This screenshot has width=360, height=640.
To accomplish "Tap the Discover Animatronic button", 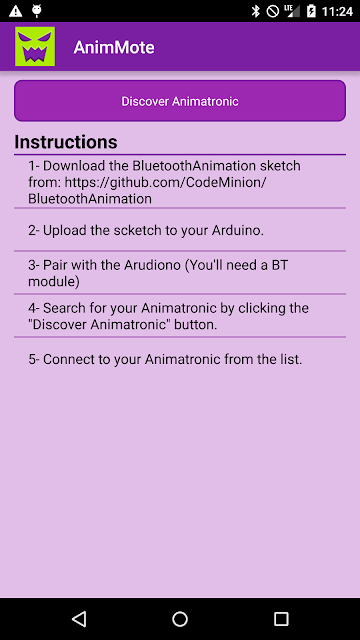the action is pyautogui.click(x=180, y=101).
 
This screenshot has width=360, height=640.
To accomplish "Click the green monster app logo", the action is pyautogui.click(x=35, y=47).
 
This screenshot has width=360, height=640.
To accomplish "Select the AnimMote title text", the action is pyautogui.click(x=114, y=48).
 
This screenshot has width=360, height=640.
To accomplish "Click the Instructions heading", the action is pyautogui.click(x=66, y=142).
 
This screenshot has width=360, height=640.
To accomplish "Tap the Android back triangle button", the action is pyautogui.click(x=79, y=619).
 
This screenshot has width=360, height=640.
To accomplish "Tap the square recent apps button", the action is pyautogui.click(x=281, y=619).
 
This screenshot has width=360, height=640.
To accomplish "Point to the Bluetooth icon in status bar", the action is pyautogui.click(x=256, y=11).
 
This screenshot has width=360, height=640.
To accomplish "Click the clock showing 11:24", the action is pyautogui.click(x=337, y=11).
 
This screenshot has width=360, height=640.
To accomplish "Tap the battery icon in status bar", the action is pyautogui.click(x=311, y=11).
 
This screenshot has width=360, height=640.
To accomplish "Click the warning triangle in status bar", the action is pyautogui.click(x=16, y=11).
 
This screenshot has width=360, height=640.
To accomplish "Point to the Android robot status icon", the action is pyautogui.click(x=37, y=11).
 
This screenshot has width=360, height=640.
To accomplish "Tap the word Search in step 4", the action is pyautogui.click(x=64, y=308).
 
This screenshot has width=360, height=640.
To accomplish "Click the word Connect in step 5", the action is pyautogui.click(x=69, y=360).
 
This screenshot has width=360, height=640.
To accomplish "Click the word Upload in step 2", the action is pyautogui.click(x=65, y=231).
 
